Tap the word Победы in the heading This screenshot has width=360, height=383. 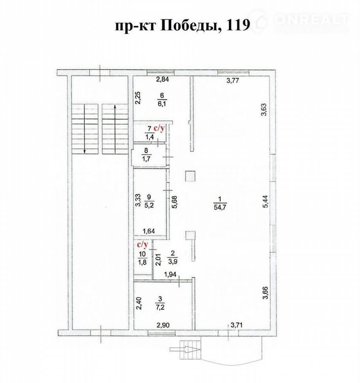189,25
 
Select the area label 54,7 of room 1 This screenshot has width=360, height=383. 220,208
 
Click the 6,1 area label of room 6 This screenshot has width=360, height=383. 162,104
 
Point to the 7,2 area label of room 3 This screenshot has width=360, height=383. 160,307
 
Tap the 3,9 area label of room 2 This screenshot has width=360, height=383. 173,261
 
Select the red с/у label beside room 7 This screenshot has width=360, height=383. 159,128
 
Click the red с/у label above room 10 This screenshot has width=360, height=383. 142,244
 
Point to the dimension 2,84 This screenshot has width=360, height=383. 163,80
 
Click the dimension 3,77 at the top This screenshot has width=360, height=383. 232,81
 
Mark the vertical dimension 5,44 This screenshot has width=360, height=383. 265,202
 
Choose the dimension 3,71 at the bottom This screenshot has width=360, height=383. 237,325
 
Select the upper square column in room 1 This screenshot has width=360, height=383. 190,176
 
